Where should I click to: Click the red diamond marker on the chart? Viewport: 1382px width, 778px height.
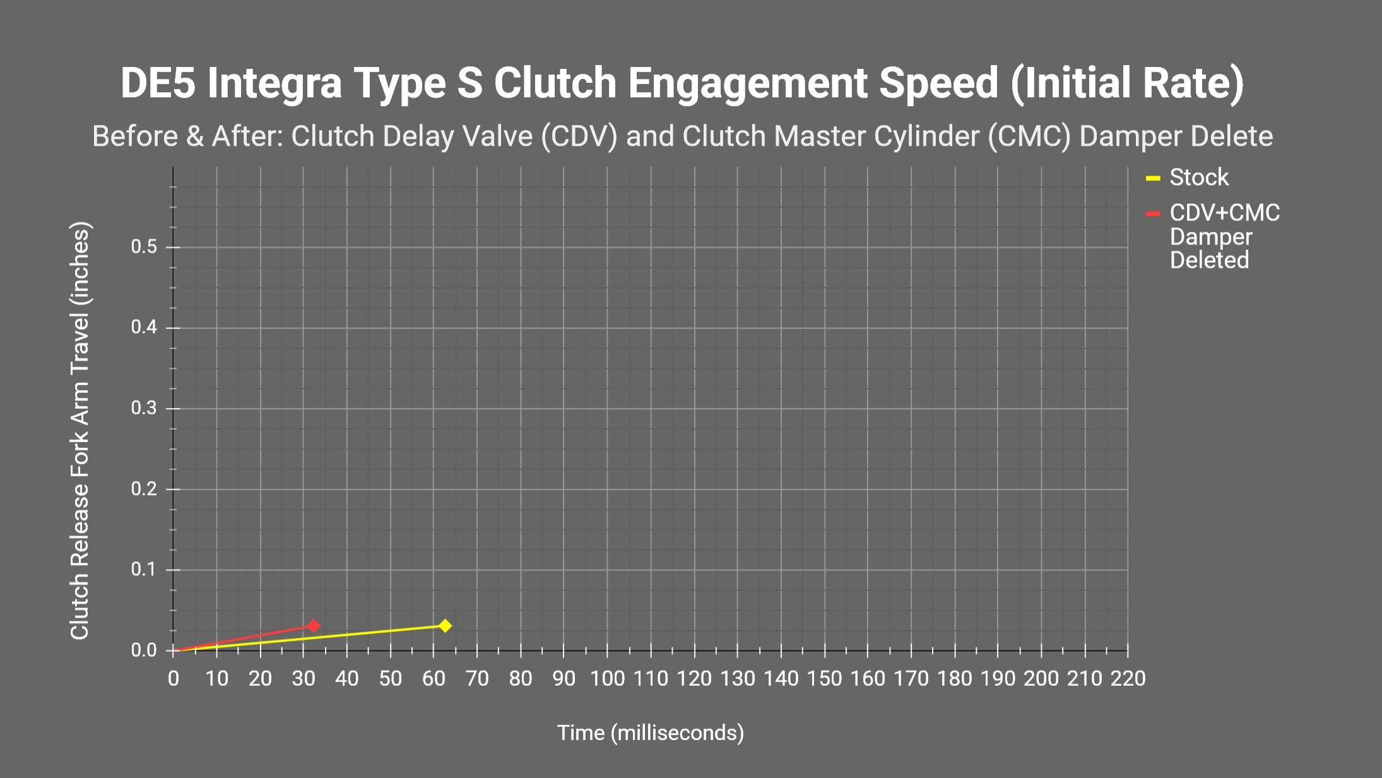pos(314,626)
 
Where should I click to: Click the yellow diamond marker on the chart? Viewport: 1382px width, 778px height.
pos(445,626)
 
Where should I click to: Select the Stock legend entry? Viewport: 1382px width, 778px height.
pos(1198,177)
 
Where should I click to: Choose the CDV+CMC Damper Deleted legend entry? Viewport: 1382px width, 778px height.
pos(1224,236)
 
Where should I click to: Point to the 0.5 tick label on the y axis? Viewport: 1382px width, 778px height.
pos(144,247)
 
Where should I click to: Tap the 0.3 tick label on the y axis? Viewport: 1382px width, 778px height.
pos(144,408)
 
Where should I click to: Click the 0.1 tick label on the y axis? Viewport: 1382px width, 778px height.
pos(144,570)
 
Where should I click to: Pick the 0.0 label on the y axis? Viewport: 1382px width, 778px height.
pos(144,650)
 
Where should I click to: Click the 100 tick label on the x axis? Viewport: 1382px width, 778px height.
pos(607,679)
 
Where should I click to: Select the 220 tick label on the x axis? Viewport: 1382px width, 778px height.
pos(1128,679)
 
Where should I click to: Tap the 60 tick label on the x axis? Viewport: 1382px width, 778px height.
pos(434,679)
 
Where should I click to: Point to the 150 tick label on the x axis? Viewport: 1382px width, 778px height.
pos(824,679)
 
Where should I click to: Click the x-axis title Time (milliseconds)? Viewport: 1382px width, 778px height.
pos(650,733)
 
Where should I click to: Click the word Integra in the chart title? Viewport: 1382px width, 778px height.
pos(275,83)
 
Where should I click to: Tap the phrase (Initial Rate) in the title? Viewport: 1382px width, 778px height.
pos(1126,83)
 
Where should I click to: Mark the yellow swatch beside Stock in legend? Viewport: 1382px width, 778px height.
pos(1153,179)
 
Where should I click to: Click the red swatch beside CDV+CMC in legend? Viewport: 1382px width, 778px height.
pos(1153,214)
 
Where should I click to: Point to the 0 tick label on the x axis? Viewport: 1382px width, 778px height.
pos(174,679)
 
